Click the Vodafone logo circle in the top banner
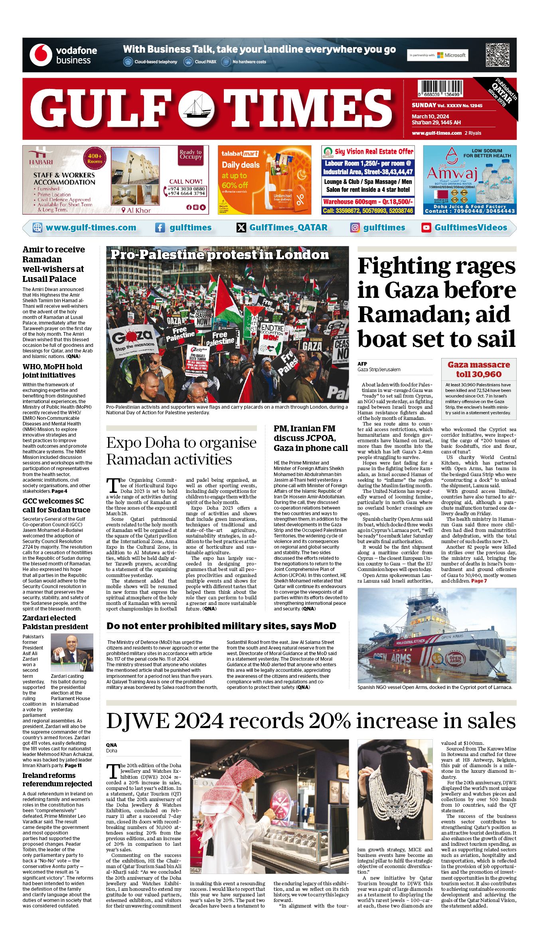tap(41, 55)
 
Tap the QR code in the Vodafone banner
tap(497, 55)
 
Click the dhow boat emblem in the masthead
tap(196, 109)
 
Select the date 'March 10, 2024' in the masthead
tap(430, 116)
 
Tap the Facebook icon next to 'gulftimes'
tap(160, 228)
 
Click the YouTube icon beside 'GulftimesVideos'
tap(426, 228)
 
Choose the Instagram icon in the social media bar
tap(355, 228)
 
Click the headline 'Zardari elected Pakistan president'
tap(55, 622)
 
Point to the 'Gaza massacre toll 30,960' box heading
tap(479, 369)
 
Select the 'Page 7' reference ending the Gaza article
tap(479, 581)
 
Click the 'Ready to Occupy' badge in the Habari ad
tap(191, 155)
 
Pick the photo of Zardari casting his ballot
tap(72, 652)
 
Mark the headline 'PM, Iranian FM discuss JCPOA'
tap(310, 438)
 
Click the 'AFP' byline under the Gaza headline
tap(362, 364)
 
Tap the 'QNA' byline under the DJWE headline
tap(111, 745)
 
